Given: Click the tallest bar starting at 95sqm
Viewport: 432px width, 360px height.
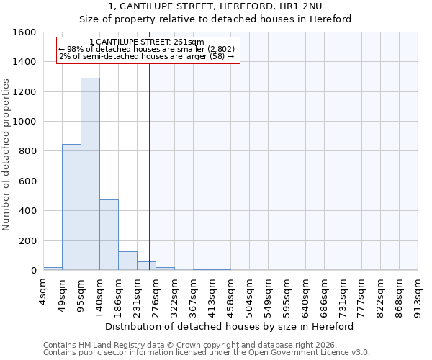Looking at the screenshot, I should [x=90, y=174].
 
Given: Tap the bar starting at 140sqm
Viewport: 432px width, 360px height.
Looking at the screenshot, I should [x=109, y=235].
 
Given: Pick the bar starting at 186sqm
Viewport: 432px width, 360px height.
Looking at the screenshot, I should [x=127, y=261].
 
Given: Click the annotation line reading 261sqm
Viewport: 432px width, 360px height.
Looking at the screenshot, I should [x=148, y=42].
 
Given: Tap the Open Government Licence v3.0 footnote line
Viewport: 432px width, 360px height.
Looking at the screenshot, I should [x=207, y=353].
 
